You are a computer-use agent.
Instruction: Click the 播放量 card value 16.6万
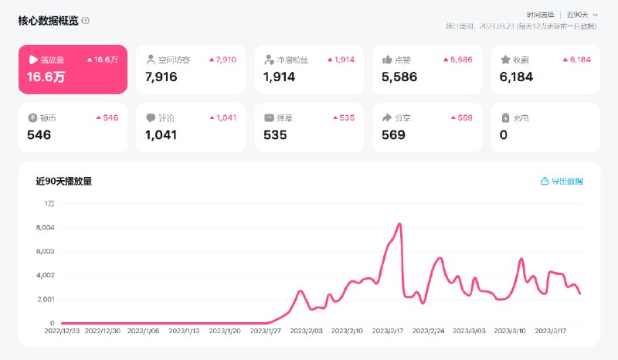pyautogui.click(x=46, y=76)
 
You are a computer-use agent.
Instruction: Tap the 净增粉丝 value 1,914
pyautogui.click(x=280, y=76)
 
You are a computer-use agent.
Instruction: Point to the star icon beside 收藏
pyautogui.click(x=505, y=59)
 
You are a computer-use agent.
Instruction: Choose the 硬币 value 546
pyautogui.click(x=39, y=134)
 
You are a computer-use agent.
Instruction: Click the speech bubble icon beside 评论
pyautogui.click(x=151, y=118)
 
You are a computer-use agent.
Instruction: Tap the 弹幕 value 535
pyautogui.click(x=275, y=134)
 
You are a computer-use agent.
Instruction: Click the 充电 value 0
pyautogui.click(x=504, y=134)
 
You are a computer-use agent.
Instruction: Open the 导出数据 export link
pyautogui.click(x=562, y=181)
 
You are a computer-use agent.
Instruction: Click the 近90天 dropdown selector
pyautogui.click(x=581, y=15)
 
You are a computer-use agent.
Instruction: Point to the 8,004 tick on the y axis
pyautogui.click(x=45, y=227)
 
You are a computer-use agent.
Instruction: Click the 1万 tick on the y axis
pyautogui.click(x=49, y=203)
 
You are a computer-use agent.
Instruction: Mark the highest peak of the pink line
pyautogui.click(x=399, y=224)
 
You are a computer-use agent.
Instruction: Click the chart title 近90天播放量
pyautogui.click(x=64, y=181)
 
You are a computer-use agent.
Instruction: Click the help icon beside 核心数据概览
pyautogui.click(x=86, y=21)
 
